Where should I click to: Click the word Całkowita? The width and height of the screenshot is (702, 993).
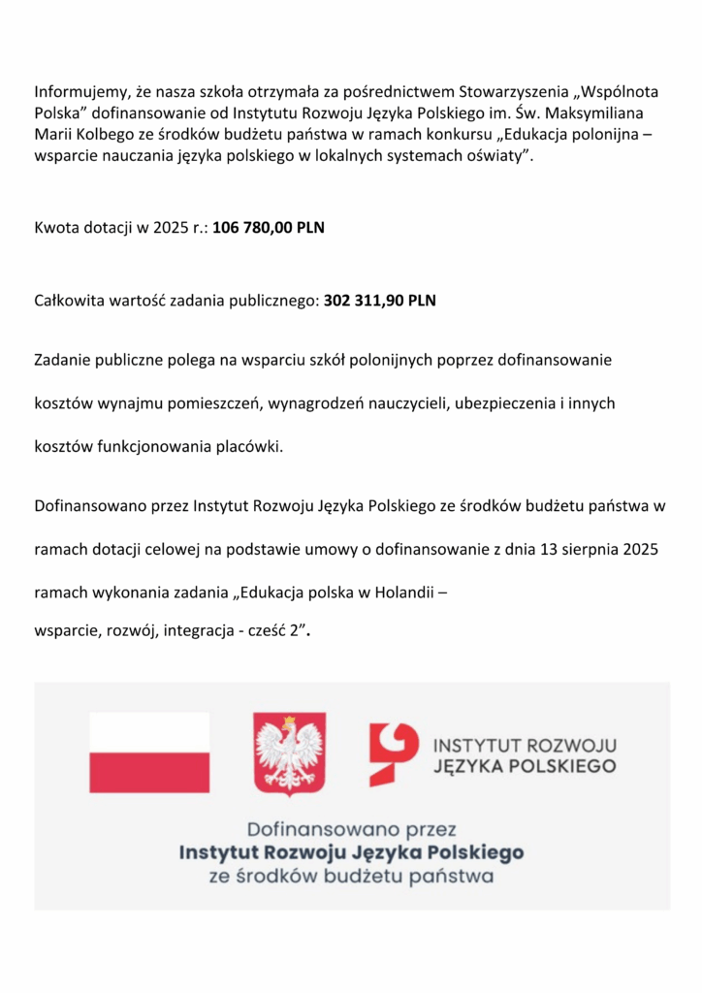72,301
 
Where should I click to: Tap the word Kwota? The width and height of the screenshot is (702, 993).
57,229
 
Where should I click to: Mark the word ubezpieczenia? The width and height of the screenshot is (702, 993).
501,402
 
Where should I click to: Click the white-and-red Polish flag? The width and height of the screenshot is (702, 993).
149,753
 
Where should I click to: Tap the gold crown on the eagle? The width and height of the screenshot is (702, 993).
288,722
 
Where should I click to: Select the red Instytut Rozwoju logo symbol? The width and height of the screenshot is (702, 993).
393,753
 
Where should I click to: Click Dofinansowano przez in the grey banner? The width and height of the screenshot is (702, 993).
351,830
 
